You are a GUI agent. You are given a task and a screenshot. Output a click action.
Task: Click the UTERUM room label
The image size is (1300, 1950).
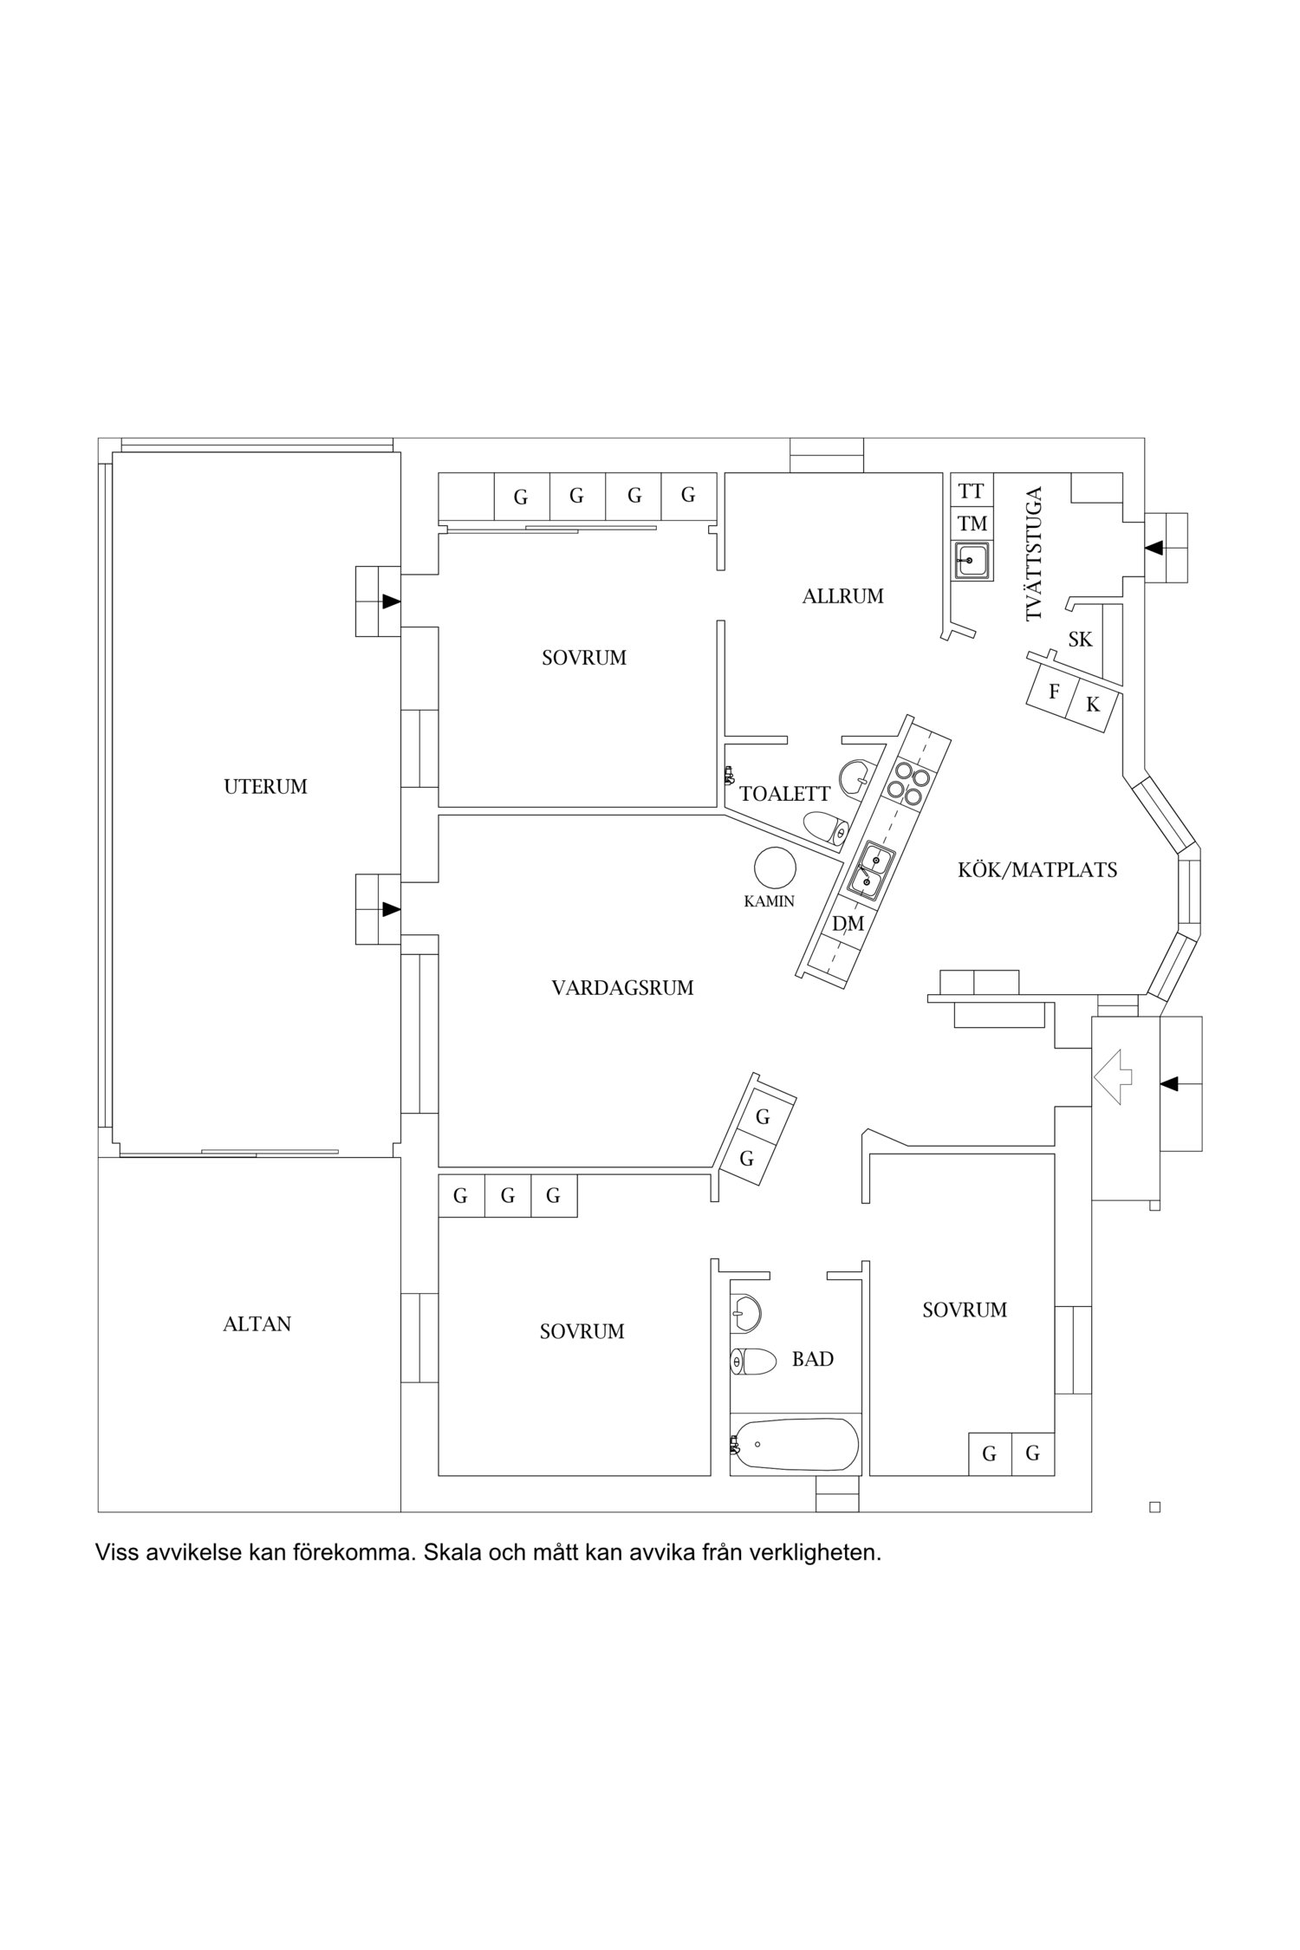pos(265,787)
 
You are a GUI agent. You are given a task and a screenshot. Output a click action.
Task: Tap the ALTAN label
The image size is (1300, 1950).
pos(257,1324)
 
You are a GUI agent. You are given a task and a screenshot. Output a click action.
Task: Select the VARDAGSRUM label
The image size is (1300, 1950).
pos(622,987)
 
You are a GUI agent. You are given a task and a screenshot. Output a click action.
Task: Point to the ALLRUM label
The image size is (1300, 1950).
pos(842,596)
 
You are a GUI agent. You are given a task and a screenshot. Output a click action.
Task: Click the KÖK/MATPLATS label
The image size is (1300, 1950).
pos(1037,869)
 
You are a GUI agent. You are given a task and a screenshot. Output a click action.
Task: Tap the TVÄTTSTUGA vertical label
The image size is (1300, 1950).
pos(1033,554)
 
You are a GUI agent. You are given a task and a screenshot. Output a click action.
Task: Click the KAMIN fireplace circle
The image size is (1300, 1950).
pos(774,868)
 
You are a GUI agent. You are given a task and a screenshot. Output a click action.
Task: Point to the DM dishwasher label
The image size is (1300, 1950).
pos(848,924)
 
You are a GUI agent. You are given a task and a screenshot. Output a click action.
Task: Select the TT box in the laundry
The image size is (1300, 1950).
pos(972,491)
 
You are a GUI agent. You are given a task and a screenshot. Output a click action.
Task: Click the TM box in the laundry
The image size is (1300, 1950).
pos(972,523)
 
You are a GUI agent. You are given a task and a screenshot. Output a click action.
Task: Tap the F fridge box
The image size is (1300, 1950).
pos(1053,691)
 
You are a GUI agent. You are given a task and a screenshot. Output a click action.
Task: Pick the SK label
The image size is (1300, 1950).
pos(1080,640)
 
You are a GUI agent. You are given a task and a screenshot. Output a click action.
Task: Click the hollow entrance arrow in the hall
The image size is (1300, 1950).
pos(1114,1076)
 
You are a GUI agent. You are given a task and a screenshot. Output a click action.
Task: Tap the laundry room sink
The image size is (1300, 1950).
pos(972,561)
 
